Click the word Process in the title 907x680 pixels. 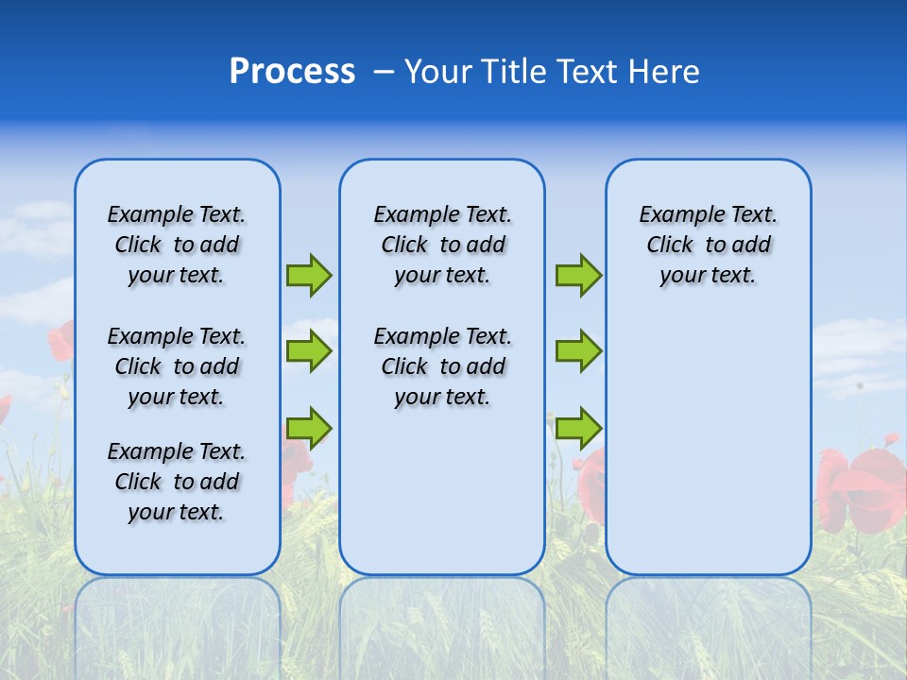(292, 72)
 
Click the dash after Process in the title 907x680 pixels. (384, 73)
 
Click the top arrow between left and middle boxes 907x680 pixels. (309, 276)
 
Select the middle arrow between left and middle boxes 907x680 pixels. (309, 351)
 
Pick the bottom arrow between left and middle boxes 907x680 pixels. (309, 427)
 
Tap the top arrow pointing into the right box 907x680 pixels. (578, 276)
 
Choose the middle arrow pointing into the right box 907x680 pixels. (578, 351)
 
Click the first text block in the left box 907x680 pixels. (177, 245)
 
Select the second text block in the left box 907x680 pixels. (177, 366)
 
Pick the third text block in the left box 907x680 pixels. (177, 482)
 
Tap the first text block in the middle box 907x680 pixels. (442, 245)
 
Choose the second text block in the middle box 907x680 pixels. (442, 366)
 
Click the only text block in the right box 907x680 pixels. (708, 245)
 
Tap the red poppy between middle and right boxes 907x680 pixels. (592, 482)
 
